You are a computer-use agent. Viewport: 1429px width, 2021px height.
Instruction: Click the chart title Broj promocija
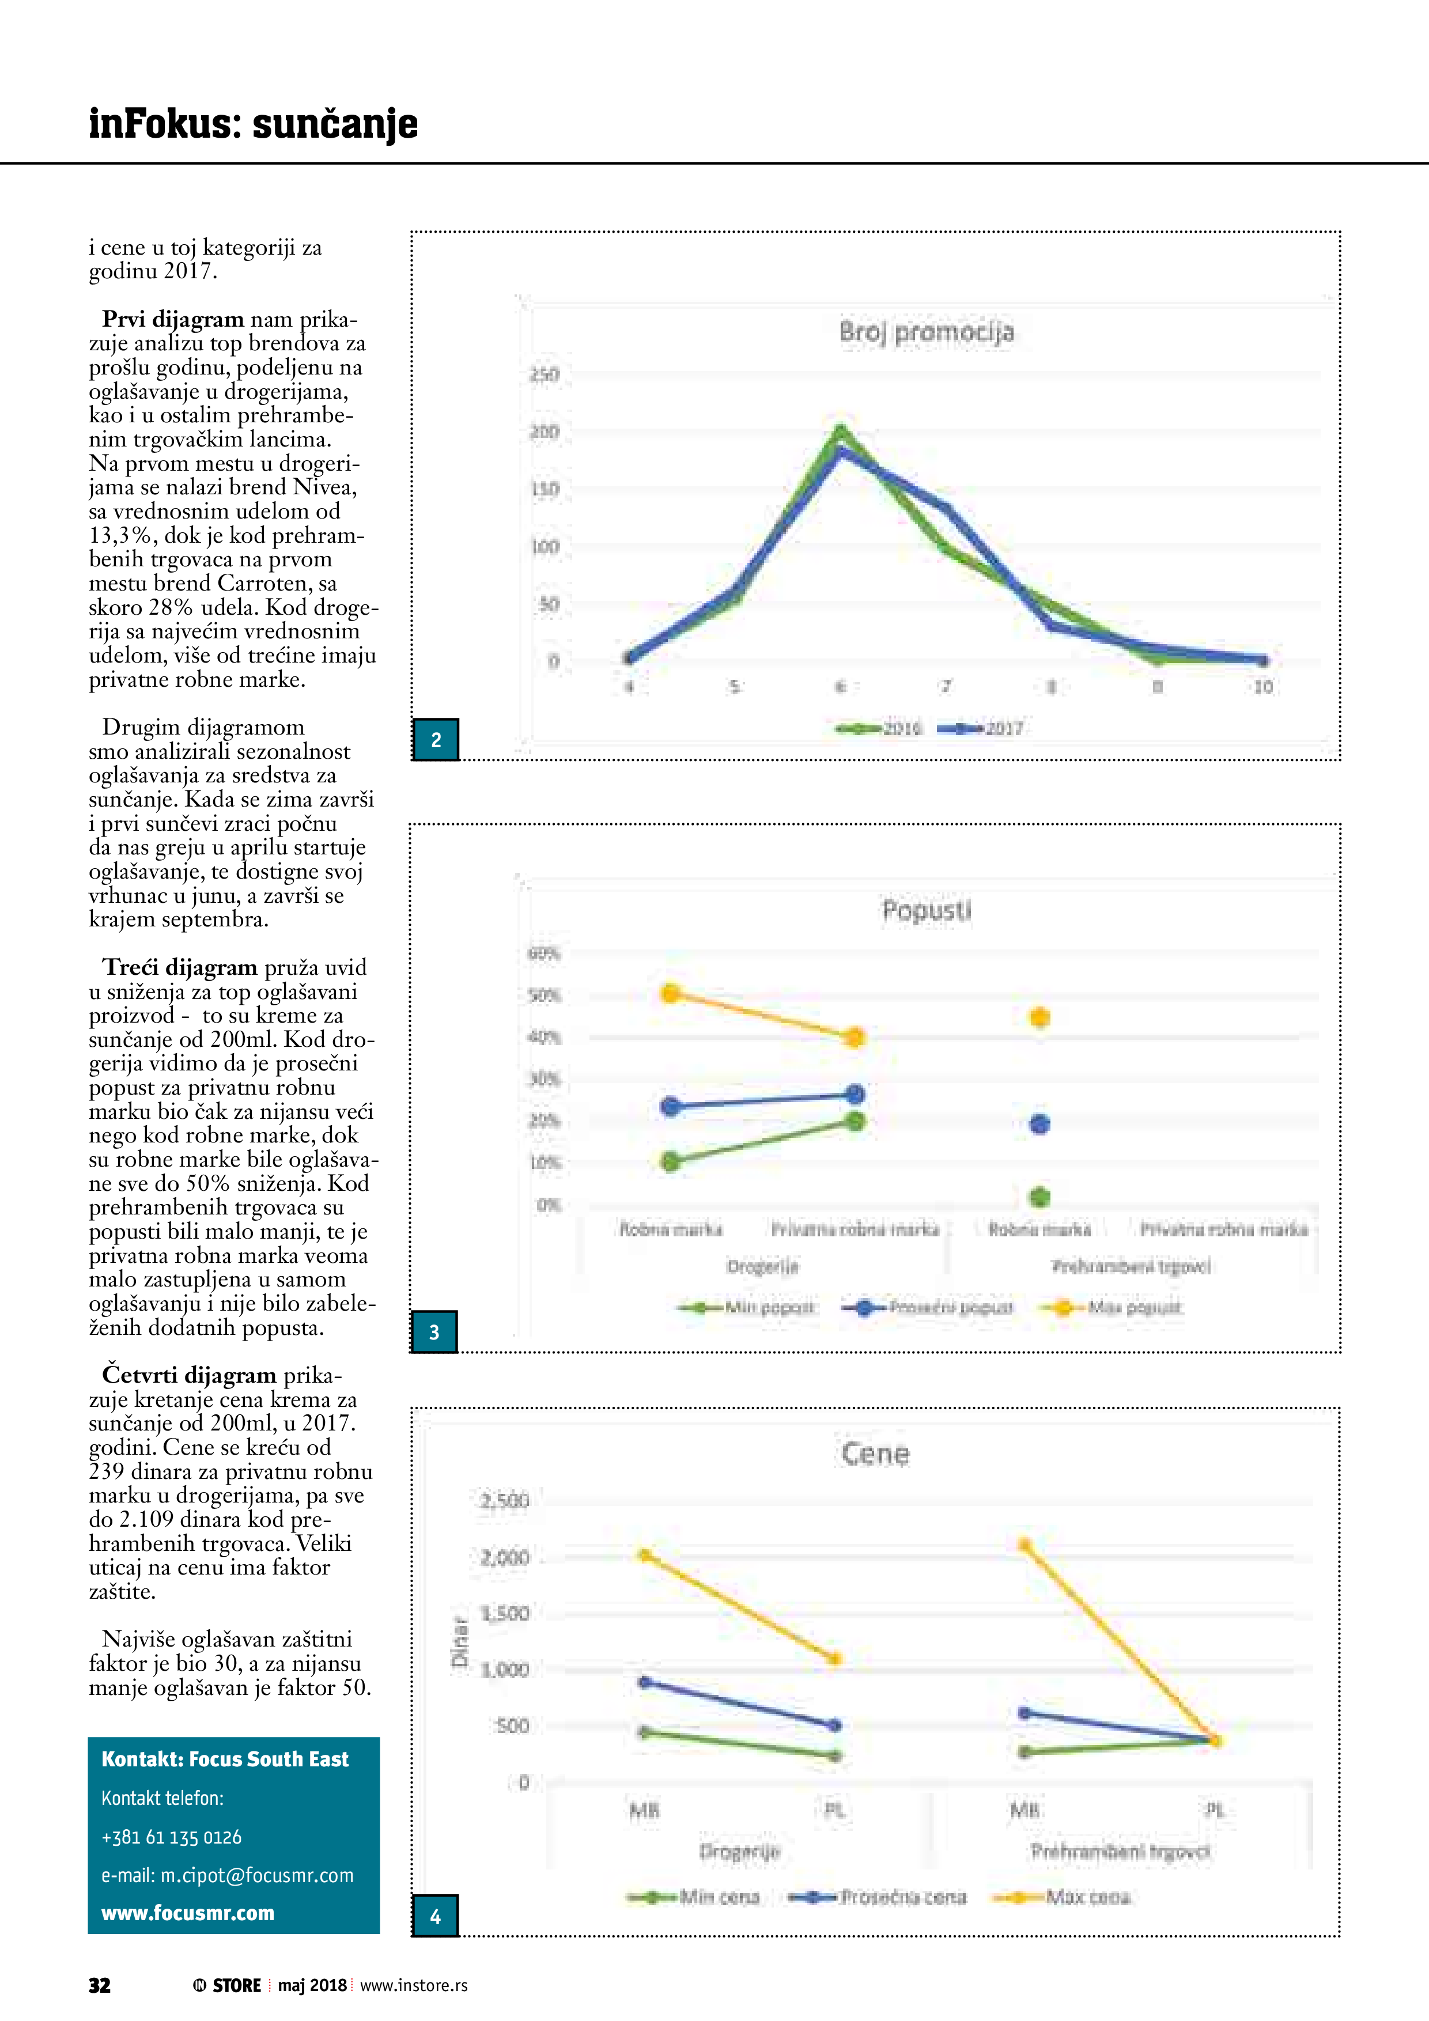click(926, 332)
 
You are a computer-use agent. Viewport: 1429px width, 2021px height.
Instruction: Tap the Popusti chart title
click(926, 910)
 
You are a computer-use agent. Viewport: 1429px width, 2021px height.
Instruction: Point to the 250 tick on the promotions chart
click(544, 375)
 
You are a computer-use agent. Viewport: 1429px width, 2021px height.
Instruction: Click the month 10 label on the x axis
click(1262, 687)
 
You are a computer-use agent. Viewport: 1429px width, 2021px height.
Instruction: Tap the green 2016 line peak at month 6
click(840, 430)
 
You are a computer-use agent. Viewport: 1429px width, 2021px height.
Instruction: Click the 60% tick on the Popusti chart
click(543, 953)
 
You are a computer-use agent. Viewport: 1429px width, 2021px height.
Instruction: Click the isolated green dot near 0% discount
click(1040, 1196)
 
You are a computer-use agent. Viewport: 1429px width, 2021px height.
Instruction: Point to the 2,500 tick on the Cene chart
click(505, 1501)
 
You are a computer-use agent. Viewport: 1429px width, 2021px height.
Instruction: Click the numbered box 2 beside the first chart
click(436, 739)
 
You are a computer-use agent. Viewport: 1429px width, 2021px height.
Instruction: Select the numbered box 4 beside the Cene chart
click(435, 1916)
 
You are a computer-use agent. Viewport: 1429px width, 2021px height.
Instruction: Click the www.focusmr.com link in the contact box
click(187, 1913)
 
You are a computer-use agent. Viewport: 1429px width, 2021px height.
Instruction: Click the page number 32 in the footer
click(100, 1985)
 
